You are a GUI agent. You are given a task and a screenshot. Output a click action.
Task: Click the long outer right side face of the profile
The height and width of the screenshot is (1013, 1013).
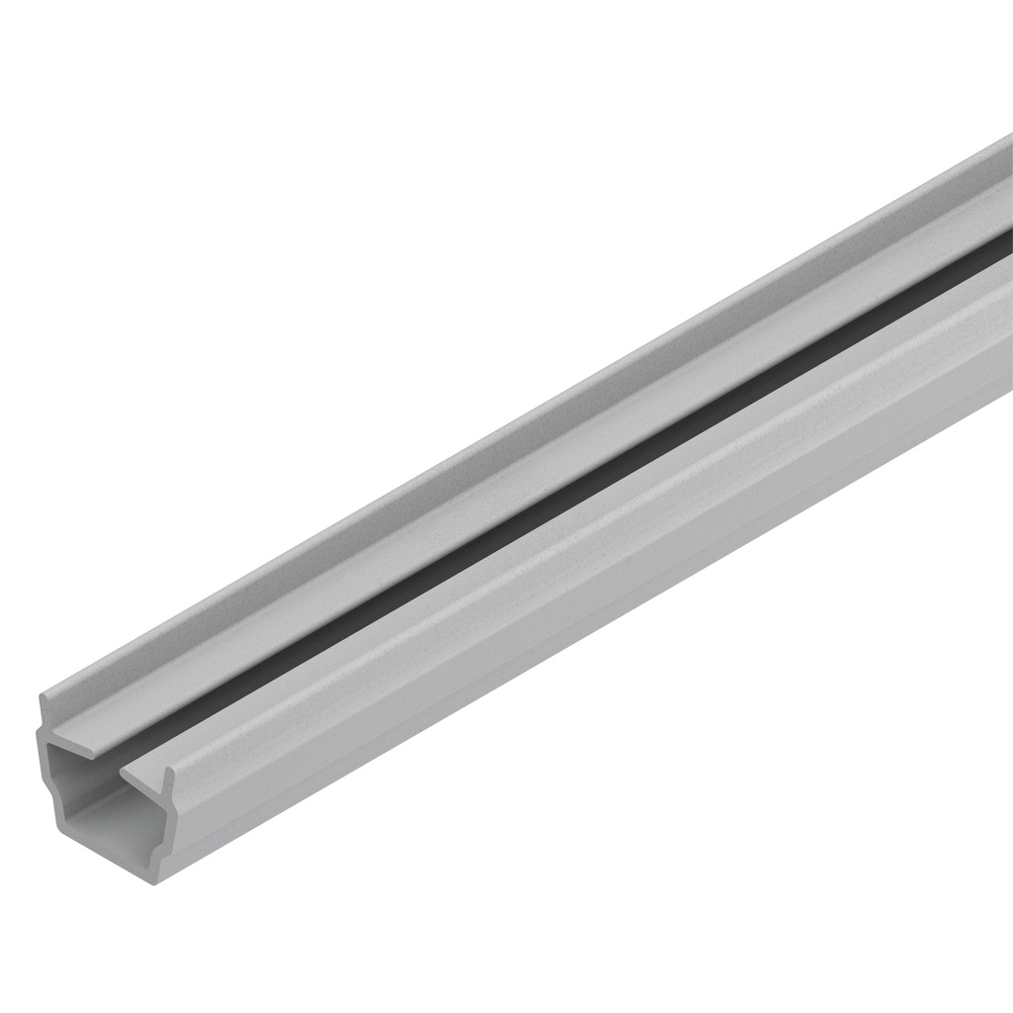[594, 594]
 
